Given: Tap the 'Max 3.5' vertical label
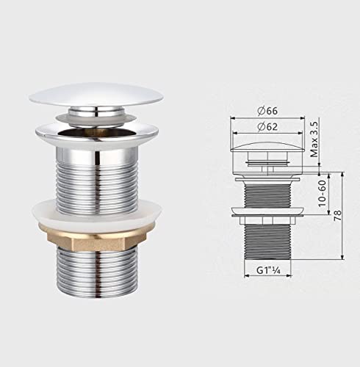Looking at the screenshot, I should click(314, 142).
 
